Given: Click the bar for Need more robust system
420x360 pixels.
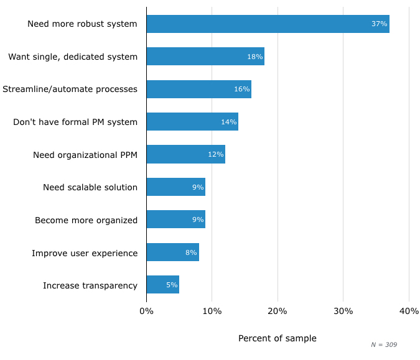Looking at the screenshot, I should click(x=268, y=24).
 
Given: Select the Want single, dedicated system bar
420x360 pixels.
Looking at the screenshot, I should click(x=205, y=57).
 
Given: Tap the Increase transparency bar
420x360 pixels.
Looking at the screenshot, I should click(x=162, y=285).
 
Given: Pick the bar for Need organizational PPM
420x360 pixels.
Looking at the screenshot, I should click(x=185, y=154).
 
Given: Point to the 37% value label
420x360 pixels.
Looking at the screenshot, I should click(x=379, y=24).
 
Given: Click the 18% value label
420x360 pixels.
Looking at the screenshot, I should click(x=254, y=57).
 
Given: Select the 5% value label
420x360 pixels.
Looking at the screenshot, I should click(x=172, y=285).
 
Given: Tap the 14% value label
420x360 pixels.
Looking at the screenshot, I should click(x=228, y=122).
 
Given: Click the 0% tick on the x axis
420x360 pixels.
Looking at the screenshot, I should click(x=146, y=311).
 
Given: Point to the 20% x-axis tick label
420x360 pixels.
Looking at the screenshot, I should click(x=278, y=311).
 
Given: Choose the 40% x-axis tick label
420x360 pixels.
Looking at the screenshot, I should click(x=409, y=311).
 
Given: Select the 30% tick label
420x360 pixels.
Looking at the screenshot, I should click(x=343, y=311).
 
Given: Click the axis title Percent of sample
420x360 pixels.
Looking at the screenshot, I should click(x=277, y=338).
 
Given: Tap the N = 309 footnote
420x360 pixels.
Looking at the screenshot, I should click(x=383, y=344).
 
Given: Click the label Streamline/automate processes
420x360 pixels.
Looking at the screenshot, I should click(x=70, y=89).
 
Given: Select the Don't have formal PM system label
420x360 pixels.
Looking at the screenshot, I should click(x=75, y=122).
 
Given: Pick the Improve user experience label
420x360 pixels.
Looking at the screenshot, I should click(x=85, y=253).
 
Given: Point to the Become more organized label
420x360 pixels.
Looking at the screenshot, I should click(x=86, y=220).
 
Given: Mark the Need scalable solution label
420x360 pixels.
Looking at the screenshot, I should click(x=90, y=187).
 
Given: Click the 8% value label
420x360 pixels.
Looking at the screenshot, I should click(x=191, y=252).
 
